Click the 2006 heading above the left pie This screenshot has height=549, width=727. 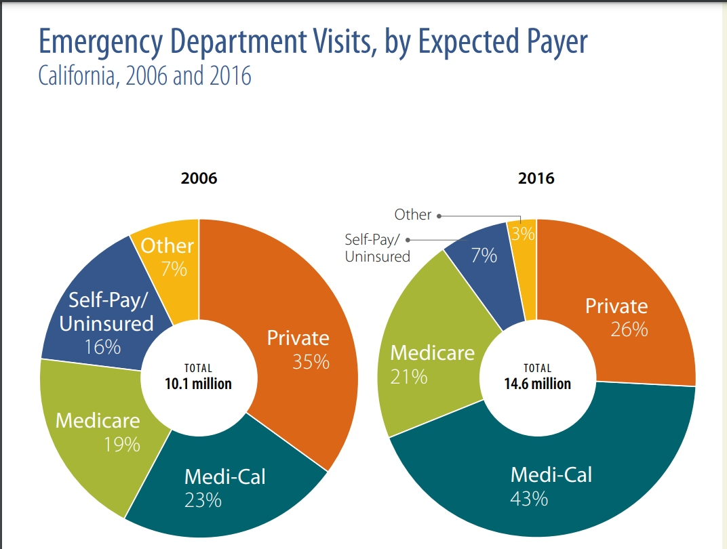click(x=199, y=179)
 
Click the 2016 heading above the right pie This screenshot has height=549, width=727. click(x=536, y=179)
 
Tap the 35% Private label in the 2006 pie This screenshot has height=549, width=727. click(x=311, y=361)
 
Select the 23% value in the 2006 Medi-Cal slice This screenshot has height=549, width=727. click(x=203, y=501)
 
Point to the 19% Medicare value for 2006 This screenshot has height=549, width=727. click(x=122, y=445)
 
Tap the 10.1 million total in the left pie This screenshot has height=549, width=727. click(x=198, y=384)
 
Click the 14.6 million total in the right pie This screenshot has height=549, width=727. click(x=537, y=384)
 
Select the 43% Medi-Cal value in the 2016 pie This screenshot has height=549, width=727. click(x=529, y=499)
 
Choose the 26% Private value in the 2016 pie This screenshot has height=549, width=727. click(x=629, y=329)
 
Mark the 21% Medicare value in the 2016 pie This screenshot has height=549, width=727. click(x=409, y=376)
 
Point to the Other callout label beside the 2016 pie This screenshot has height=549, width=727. click(x=412, y=215)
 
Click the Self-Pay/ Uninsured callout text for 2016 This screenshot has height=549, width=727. click(x=377, y=248)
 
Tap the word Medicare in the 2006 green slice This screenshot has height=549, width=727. click(x=98, y=420)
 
